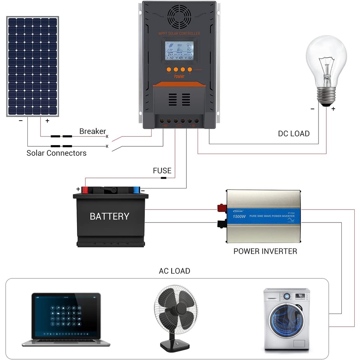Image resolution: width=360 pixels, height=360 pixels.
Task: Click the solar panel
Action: (33, 66)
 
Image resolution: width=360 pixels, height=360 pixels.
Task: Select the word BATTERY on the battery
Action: (109, 216)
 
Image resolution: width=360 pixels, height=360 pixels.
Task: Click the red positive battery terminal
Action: (85, 190)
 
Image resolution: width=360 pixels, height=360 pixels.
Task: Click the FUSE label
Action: (162, 171)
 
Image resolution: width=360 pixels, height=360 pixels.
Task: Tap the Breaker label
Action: (92, 131)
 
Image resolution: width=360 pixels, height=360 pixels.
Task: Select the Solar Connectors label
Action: (56, 153)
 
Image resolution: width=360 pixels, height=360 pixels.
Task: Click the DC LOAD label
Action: (294, 134)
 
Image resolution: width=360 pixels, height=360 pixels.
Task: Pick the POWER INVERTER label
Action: (265, 251)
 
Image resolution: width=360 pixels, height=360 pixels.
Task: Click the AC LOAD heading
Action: (174, 271)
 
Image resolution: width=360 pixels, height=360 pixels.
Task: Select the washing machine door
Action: (287, 320)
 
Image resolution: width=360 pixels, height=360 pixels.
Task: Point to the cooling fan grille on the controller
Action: (179, 16)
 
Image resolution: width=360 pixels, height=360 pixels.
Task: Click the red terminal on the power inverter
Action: (221, 208)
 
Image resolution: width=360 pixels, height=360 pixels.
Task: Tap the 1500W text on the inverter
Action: (239, 216)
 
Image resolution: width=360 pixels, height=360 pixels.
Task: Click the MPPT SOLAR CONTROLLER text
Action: (179, 33)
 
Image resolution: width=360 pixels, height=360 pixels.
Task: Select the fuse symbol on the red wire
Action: (163, 178)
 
